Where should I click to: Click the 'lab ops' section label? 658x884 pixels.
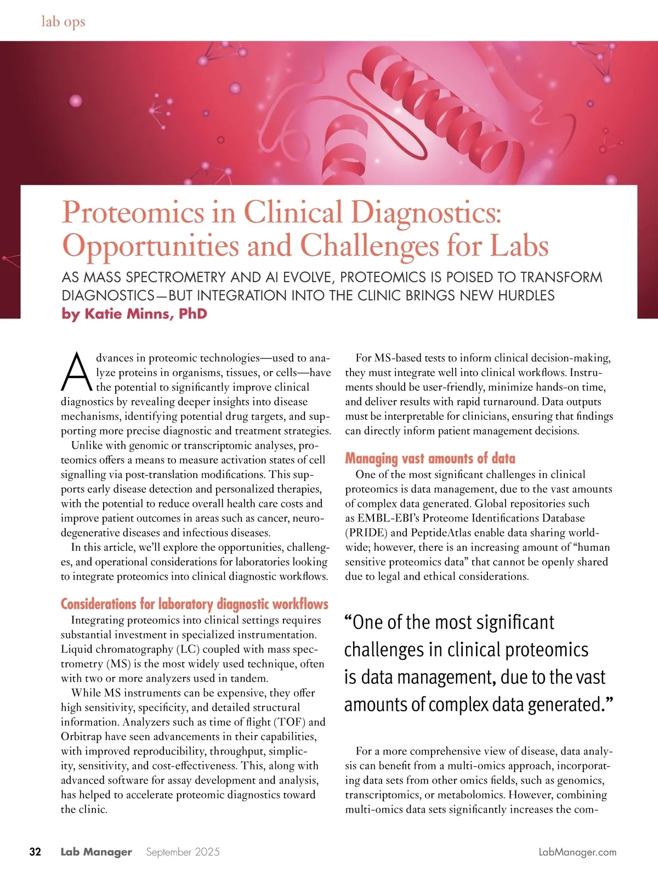click(x=63, y=22)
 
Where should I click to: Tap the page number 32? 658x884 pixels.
click(x=35, y=852)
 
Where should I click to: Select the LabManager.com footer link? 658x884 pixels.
click(x=577, y=852)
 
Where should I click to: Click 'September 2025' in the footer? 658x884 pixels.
click(x=183, y=852)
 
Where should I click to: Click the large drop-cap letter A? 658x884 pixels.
click(x=77, y=372)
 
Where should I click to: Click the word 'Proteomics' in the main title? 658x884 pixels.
click(x=133, y=212)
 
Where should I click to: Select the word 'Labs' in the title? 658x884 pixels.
click(x=519, y=246)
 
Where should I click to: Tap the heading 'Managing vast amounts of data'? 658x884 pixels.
click(x=430, y=458)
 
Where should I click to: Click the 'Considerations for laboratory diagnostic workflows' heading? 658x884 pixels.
click(x=194, y=604)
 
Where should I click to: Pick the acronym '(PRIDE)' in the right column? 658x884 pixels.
click(x=366, y=533)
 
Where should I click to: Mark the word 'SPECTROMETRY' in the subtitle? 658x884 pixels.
click(x=175, y=277)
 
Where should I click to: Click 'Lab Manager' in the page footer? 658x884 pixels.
click(x=96, y=852)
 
